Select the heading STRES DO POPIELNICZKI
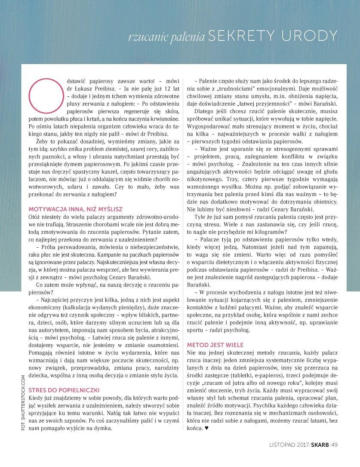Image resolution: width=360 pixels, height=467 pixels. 64,390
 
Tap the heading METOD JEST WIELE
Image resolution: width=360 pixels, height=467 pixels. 215,345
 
